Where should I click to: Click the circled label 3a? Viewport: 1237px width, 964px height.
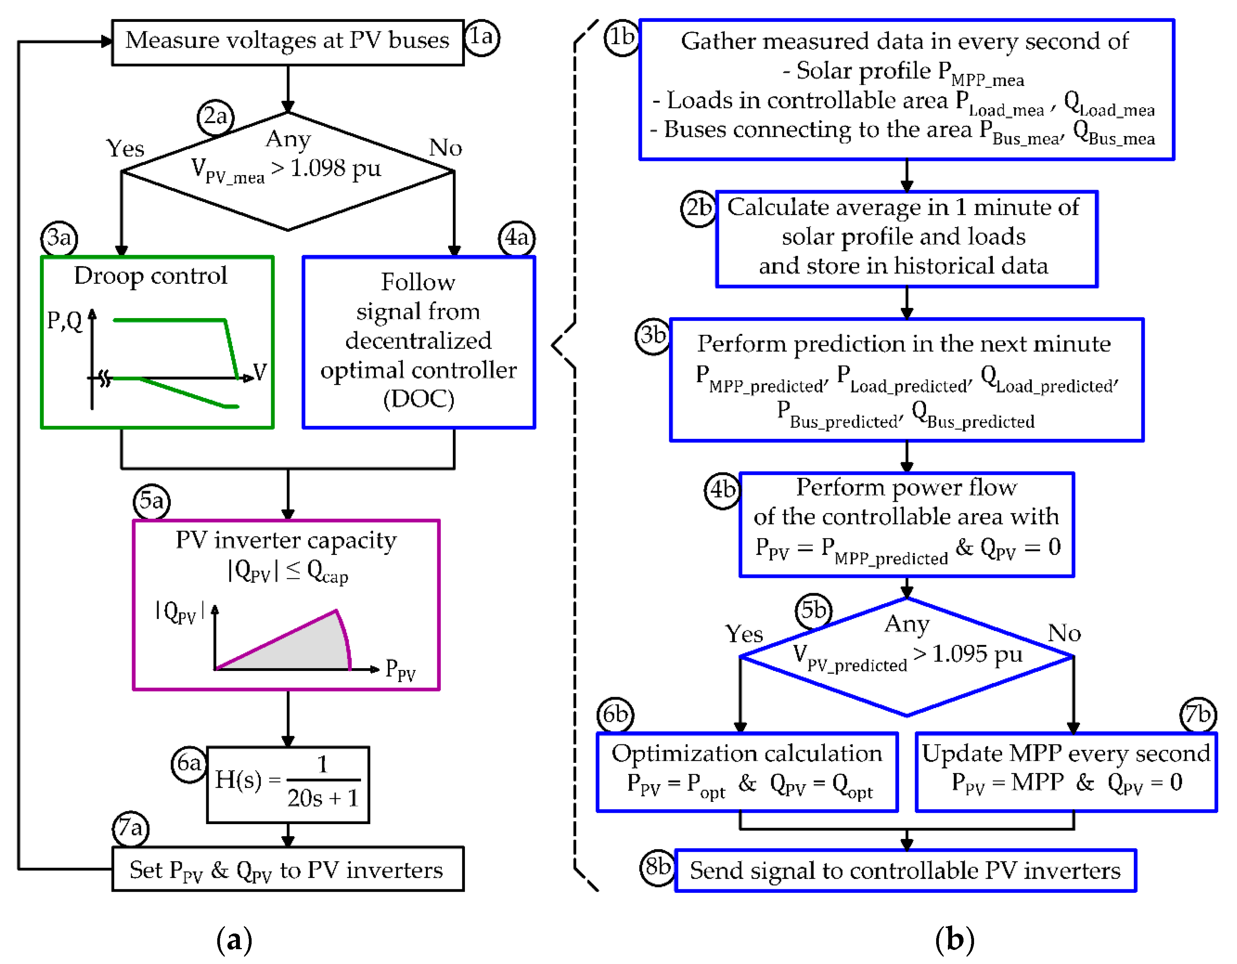tap(59, 238)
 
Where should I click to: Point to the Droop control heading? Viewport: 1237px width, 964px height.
tap(151, 276)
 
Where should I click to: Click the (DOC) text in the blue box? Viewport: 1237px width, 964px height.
tap(418, 399)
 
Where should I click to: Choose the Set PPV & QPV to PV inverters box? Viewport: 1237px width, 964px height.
tap(287, 869)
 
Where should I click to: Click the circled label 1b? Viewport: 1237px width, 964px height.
tap(622, 38)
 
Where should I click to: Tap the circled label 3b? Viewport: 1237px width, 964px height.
tap(652, 336)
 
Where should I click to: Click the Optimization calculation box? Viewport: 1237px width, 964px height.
tap(747, 771)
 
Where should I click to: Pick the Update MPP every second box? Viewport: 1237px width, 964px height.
tap(1066, 771)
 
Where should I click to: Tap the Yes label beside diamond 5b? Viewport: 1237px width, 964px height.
tap(744, 634)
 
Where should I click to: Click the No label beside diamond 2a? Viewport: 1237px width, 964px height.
tap(446, 148)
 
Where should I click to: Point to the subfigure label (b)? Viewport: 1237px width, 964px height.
tap(955, 940)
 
